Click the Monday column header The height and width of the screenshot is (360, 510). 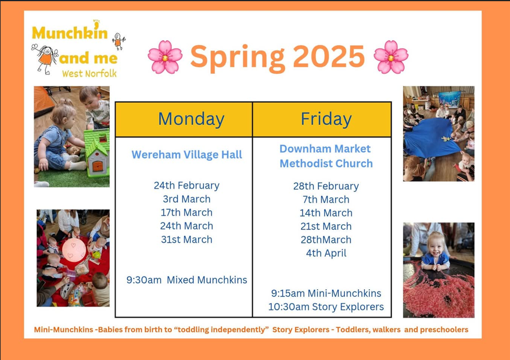191,118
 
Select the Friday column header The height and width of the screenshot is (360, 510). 326,118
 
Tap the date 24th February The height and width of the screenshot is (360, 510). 186,185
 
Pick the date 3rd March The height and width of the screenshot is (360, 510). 186,199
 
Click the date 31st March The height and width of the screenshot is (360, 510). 186,239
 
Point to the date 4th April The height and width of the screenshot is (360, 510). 326,253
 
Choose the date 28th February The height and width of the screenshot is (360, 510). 326,186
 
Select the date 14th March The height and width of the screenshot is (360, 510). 326,213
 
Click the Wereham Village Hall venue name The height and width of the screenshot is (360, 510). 186,155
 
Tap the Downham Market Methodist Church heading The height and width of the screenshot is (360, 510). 326,156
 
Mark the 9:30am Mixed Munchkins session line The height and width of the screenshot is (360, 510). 186,280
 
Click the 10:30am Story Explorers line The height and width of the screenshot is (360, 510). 326,307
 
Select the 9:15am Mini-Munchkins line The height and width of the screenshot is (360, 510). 326,293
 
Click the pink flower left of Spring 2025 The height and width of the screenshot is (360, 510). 165,57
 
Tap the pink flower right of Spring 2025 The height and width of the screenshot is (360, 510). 391,57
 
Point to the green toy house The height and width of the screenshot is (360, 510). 97,152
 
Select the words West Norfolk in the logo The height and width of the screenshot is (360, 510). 89,74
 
